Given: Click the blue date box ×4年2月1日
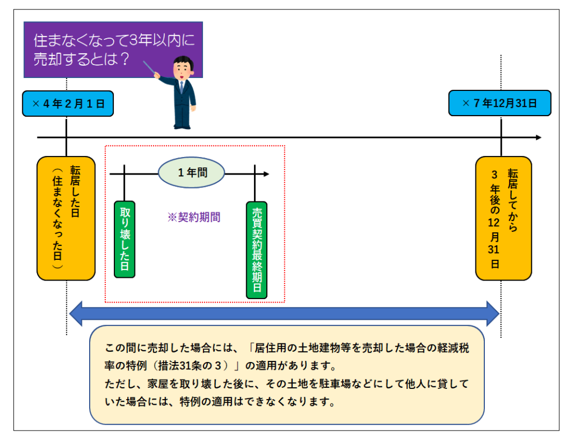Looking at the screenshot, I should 68,104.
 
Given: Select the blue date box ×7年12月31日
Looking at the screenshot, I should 499,104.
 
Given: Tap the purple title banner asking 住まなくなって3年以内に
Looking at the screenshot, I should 113,50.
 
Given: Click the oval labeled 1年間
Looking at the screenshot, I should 192,173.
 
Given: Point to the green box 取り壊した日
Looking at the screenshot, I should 124,239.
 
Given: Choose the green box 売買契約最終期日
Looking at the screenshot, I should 257,250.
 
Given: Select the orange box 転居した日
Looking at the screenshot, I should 66,218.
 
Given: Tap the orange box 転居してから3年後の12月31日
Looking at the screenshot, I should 503,218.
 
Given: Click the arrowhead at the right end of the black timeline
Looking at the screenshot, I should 538,137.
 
